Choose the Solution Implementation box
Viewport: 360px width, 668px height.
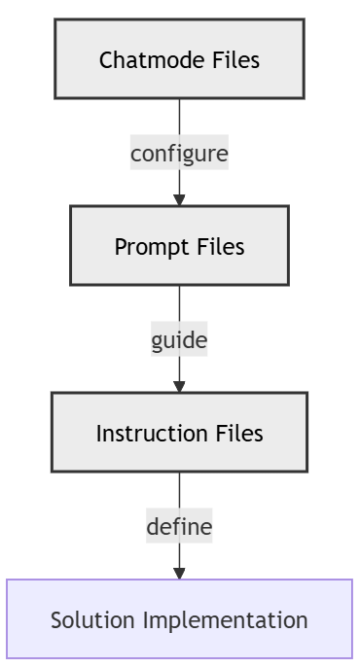click(x=179, y=619)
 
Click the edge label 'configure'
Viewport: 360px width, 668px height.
click(x=179, y=153)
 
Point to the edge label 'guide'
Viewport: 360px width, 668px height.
click(x=179, y=340)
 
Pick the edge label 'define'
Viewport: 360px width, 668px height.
click(x=179, y=527)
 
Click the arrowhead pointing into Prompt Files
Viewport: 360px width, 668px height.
click(x=179, y=199)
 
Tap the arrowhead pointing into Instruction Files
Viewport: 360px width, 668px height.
click(x=179, y=386)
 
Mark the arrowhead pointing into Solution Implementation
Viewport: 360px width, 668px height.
click(x=179, y=573)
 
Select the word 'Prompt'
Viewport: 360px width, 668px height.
click(x=147, y=247)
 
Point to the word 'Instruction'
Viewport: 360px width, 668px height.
click(x=144, y=434)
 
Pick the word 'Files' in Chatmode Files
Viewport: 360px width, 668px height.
click(x=235, y=60)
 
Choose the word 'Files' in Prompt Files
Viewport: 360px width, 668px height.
click(x=220, y=247)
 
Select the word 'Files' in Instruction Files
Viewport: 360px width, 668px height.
click(x=238, y=434)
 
